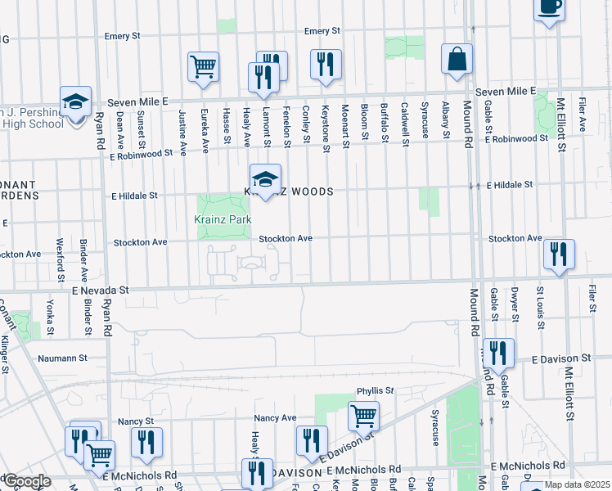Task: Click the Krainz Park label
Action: (x=223, y=220)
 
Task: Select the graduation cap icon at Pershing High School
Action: (x=76, y=103)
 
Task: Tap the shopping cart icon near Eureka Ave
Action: (x=203, y=66)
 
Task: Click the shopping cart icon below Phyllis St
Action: (x=363, y=415)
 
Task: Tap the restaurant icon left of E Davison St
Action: (x=498, y=354)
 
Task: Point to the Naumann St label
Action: (x=62, y=358)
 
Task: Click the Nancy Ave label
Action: (x=275, y=417)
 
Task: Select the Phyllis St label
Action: (x=375, y=391)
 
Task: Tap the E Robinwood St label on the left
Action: (x=141, y=153)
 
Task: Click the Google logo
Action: (x=26, y=482)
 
